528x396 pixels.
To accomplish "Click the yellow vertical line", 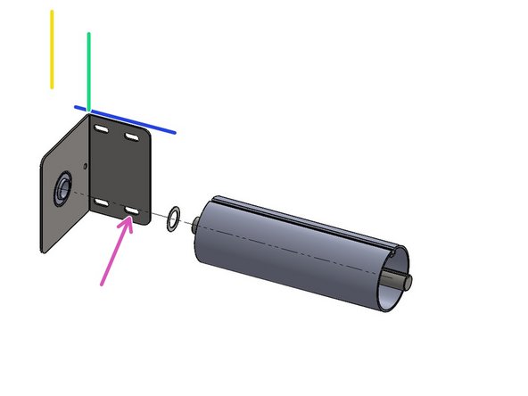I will [52, 50].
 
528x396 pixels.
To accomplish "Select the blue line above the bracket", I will [125, 120].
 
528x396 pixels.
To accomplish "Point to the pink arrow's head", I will [130, 220].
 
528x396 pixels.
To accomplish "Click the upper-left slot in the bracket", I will [103, 130].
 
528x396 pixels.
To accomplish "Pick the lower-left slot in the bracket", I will [103, 202].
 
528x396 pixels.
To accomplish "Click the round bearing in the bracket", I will [64, 189].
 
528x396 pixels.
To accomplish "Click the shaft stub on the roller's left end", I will [194, 224].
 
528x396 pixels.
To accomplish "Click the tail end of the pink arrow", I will [103, 285].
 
